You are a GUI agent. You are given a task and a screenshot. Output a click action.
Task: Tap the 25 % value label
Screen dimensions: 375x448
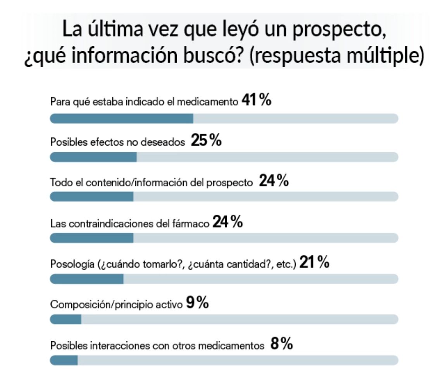click(206, 141)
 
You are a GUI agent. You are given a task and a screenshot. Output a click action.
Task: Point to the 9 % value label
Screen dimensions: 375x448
click(197, 303)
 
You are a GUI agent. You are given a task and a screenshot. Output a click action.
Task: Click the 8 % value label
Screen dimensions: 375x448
click(281, 344)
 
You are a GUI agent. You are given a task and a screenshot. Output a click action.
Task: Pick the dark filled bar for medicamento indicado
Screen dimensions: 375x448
click(122, 118)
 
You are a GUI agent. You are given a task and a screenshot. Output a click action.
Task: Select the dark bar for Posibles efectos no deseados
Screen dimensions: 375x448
click(93, 157)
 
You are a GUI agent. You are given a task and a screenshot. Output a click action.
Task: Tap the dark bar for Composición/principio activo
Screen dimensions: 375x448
click(65, 319)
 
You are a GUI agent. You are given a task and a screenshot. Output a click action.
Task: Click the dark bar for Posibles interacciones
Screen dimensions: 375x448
click(64, 360)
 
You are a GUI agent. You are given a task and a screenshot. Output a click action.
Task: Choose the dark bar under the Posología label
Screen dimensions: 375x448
click(87, 279)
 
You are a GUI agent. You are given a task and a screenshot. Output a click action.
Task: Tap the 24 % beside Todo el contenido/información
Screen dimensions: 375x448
click(274, 181)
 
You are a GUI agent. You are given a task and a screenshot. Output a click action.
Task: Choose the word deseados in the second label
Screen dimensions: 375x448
click(166, 142)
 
